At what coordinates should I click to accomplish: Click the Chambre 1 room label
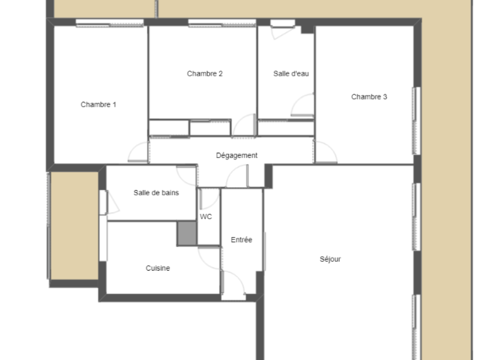[98, 104]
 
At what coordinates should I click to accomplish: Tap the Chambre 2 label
[205, 74]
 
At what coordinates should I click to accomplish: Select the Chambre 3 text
[369, 97]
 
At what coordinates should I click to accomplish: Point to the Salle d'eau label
[291, 74]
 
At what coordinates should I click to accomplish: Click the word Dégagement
[237, 155]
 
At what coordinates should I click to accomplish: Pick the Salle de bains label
[156, 193]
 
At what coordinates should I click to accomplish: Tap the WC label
[206, 217]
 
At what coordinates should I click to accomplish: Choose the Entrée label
[241, 240]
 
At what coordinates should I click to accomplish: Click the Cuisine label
[158, 268]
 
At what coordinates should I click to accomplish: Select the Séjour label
[330, 259]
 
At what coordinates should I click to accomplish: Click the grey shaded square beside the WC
[187, 234]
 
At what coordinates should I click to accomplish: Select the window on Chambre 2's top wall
[222, 22]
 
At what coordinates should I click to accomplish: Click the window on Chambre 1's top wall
[109, 22]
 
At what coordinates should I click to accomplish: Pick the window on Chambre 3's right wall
[417, 121]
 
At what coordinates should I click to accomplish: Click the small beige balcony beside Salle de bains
[74, 226]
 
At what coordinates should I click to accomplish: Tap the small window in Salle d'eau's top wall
[283, 23]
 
